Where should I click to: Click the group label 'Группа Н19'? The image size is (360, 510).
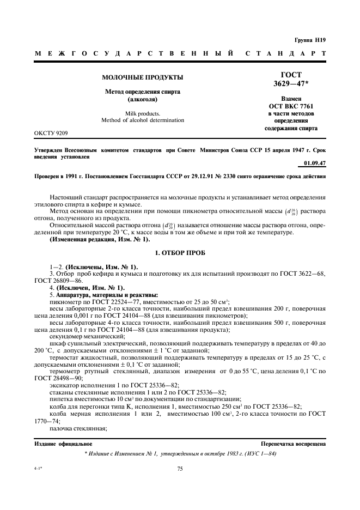(x=310, y=40)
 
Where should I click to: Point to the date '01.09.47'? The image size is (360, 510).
(x=315, y=163)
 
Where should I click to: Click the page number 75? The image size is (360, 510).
(x=180, y=468)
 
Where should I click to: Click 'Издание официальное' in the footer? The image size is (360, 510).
(x=63, y=444)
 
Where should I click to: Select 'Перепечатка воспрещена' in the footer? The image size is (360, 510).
(x=294, y=444)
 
